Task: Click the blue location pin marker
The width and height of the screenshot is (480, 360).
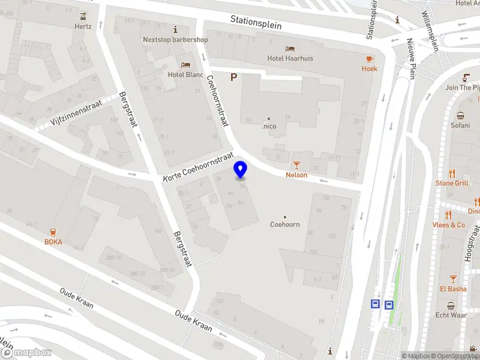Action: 241,170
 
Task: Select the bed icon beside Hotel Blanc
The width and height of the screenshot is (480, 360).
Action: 186,65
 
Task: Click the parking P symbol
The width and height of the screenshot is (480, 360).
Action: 234,77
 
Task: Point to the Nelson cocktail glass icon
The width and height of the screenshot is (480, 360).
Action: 296,164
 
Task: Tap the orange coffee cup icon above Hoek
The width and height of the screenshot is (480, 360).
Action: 370,59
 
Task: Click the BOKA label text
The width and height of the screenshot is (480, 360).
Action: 53,242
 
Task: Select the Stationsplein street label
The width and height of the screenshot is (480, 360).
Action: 256,22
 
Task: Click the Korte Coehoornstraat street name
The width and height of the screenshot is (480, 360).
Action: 198,167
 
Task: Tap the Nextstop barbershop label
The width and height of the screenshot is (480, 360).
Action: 175,40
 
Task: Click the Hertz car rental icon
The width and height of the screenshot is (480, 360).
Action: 82,16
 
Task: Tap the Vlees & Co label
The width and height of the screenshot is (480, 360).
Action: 449,225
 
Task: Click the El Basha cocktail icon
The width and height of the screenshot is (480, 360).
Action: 453,278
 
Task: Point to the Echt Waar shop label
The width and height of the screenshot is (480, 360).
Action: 451,315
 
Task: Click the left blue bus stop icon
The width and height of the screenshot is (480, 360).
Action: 376,304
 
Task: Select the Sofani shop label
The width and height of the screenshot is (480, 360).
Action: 460,125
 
